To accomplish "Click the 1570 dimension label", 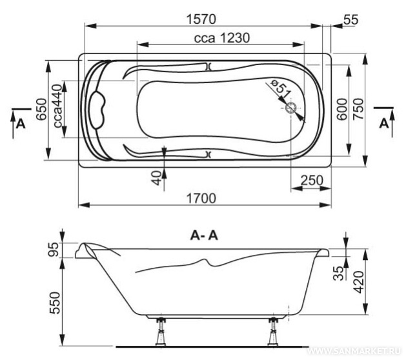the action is tap(201, 19).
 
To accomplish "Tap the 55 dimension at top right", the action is tap(351, 19).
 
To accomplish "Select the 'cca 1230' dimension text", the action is tap(222, 38).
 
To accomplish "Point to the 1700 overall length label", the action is tap(201, 199).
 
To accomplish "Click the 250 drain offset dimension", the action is tap(312, 181).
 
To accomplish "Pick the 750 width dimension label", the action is tap(359, 108).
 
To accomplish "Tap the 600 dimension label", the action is tap(342, 109).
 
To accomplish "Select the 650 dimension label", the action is tap(41, 109).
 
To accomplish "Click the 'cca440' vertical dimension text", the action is tap(58, 106).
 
